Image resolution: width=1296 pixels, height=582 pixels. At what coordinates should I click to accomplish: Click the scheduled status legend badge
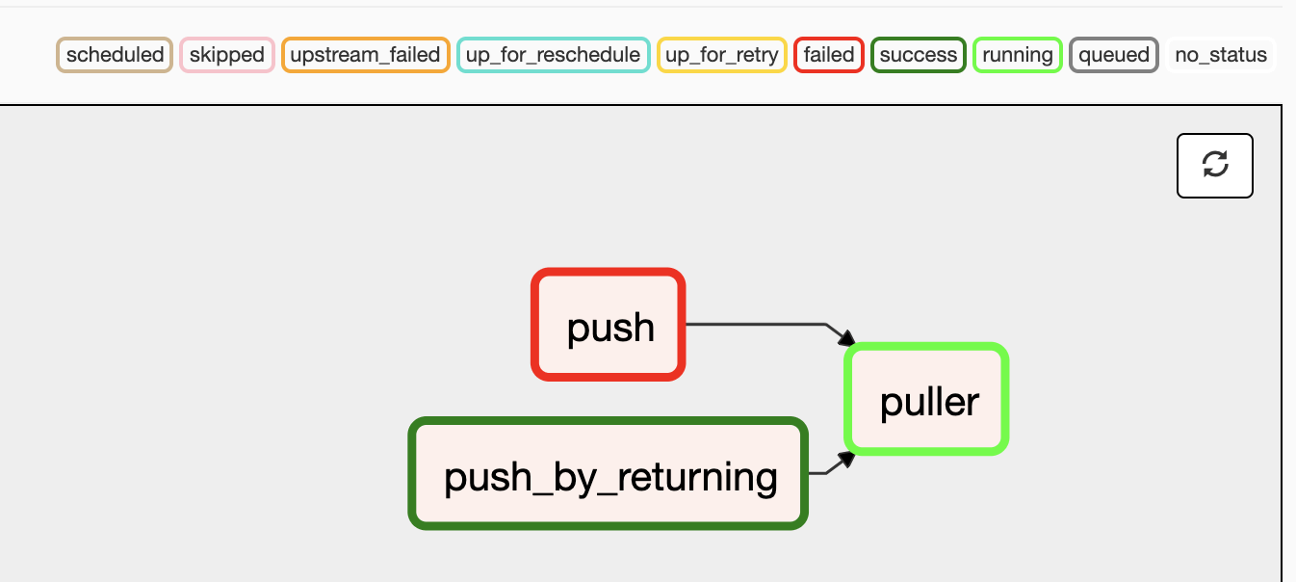pos(115,55)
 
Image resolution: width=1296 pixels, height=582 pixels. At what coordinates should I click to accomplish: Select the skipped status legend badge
pos(227,55)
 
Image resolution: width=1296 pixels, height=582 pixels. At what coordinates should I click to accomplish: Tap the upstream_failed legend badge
pos(365,55)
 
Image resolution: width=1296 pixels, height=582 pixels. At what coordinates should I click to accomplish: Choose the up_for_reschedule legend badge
pos(553,55)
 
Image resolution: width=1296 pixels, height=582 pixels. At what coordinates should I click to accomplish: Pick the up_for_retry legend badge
pos(722,55)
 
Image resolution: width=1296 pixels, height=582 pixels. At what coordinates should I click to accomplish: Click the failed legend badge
pos(828,55)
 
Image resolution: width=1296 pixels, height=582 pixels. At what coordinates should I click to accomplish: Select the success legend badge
pos(919,55)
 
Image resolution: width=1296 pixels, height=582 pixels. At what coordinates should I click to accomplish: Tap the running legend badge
pos(1018,55)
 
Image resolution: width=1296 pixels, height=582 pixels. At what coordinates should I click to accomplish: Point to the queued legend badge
pos(1114,55)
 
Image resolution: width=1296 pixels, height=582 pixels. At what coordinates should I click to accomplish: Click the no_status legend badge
pos(1221,55)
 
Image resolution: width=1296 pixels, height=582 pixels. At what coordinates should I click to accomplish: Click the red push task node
pos(609,325)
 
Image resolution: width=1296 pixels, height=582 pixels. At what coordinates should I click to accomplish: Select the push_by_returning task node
pos(609,473)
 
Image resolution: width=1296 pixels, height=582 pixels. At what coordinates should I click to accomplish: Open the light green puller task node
pos(927,399)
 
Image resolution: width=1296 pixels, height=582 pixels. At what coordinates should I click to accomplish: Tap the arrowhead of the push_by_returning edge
pos(846,459)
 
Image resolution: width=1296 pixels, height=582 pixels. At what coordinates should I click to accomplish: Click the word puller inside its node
pos(929,402)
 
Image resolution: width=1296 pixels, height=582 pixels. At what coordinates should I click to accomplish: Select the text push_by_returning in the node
pos(610,476)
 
